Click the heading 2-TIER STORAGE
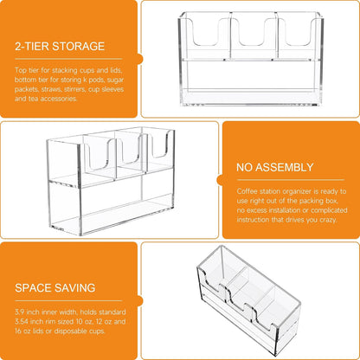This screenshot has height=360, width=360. (60, 47)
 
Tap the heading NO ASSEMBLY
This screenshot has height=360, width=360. (275, 167)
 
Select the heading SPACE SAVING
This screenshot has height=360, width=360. (55, 288)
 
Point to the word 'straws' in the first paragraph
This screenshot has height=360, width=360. (49, 89)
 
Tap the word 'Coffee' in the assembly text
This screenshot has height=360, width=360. (247, 191)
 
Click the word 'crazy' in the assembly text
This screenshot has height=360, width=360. (328, 220)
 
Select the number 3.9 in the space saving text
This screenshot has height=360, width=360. (20, 312)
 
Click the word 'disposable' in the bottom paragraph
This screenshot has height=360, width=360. (70, 331)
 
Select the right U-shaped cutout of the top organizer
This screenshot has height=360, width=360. (299, 32)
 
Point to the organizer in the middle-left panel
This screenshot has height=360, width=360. (111, 182)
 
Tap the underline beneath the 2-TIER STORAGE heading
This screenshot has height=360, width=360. (68, 59)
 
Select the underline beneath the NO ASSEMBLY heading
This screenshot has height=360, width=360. (291, 180)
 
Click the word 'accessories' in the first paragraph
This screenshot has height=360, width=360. (59, 99)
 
